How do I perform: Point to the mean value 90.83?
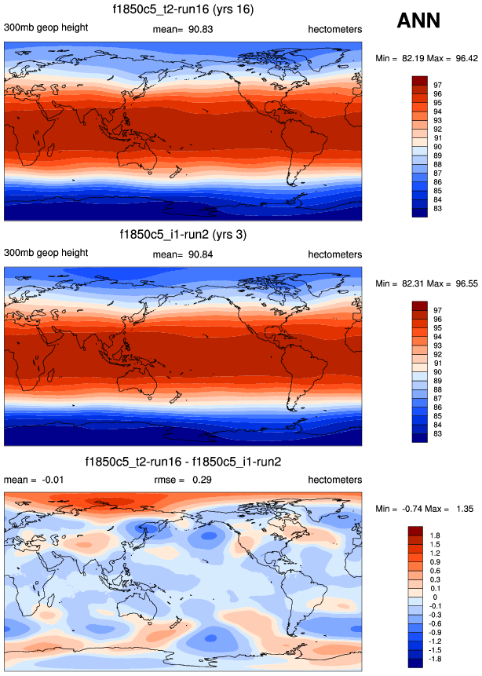(x=200, y=29)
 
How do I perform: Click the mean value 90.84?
(x=200, y=254)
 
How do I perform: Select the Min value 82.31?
(x=409, y=283)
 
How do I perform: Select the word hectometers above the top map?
(x=334, y=29)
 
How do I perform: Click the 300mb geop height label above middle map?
(x=46, y=254)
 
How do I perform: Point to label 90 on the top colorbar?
(x=437, y=147)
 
